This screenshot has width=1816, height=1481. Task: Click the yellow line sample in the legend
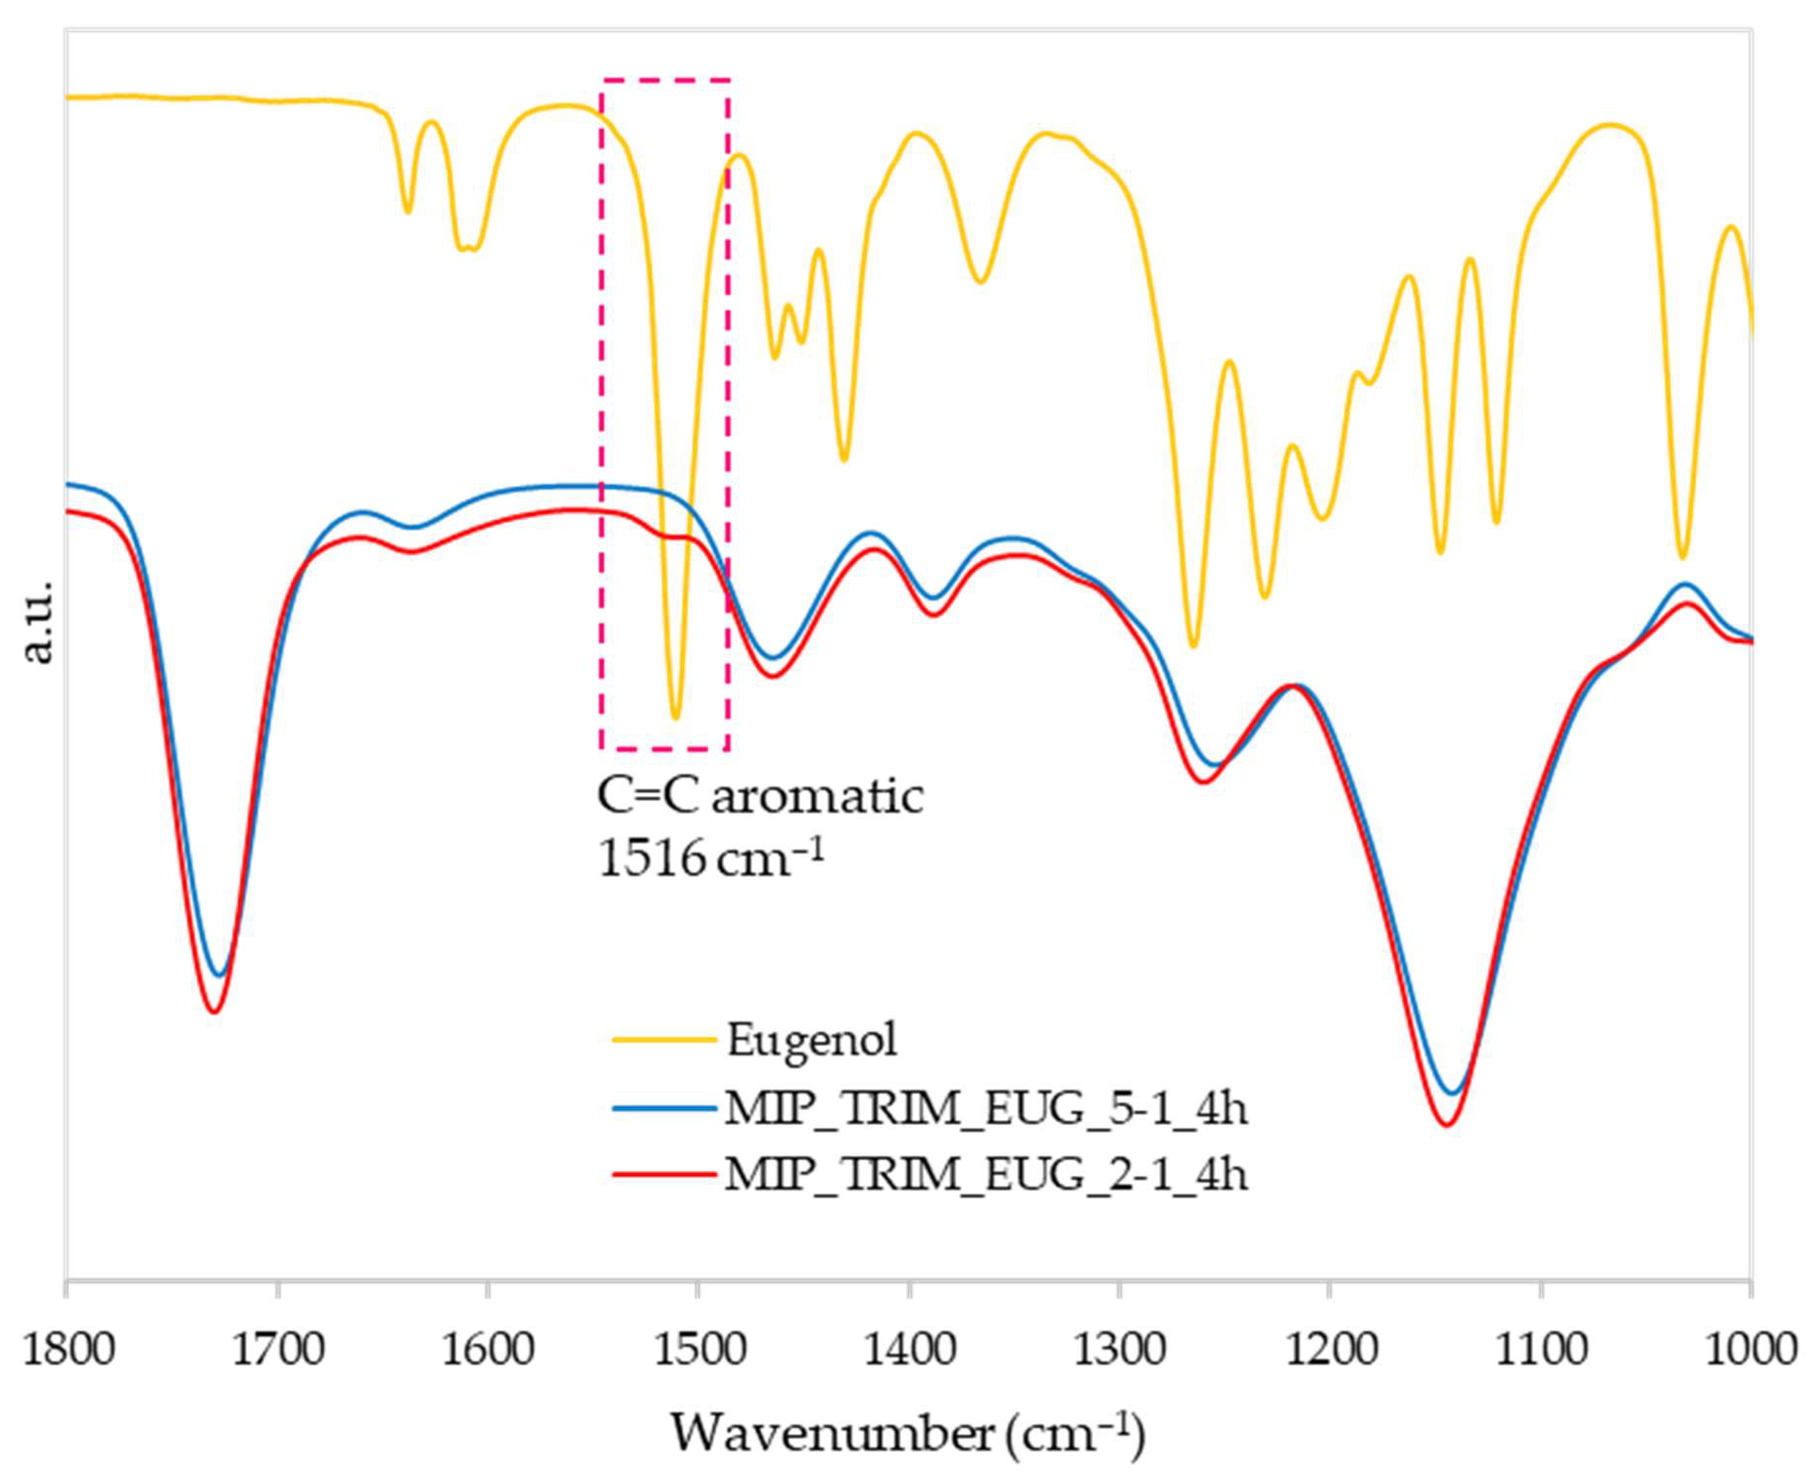click(x=664, y=1039)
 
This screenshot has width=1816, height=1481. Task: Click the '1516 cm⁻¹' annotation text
click(x=712, y=858)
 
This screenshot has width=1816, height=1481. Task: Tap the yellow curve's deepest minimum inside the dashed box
click(x=675, y=717)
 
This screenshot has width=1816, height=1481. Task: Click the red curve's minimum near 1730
click(x=215, y=1012)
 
